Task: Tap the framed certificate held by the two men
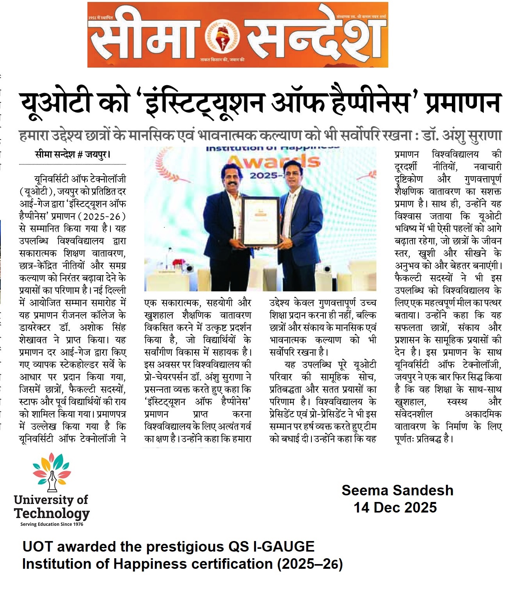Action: pos(260,221)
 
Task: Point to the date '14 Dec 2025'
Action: pos(395,507)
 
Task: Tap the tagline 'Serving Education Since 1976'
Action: pos(52,524)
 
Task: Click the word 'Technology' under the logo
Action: pos(52,513)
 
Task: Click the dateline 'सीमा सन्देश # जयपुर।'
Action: pos(73,155)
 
